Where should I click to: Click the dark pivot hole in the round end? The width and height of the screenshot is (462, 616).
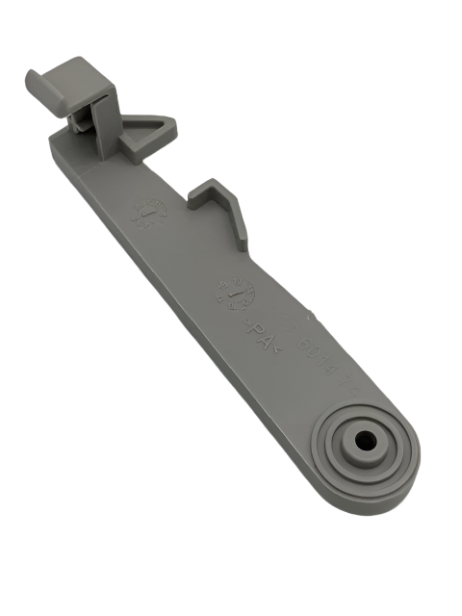366,438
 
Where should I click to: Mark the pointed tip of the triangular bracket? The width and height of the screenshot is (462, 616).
174,122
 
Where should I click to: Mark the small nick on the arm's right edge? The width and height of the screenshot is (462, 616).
308,314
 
